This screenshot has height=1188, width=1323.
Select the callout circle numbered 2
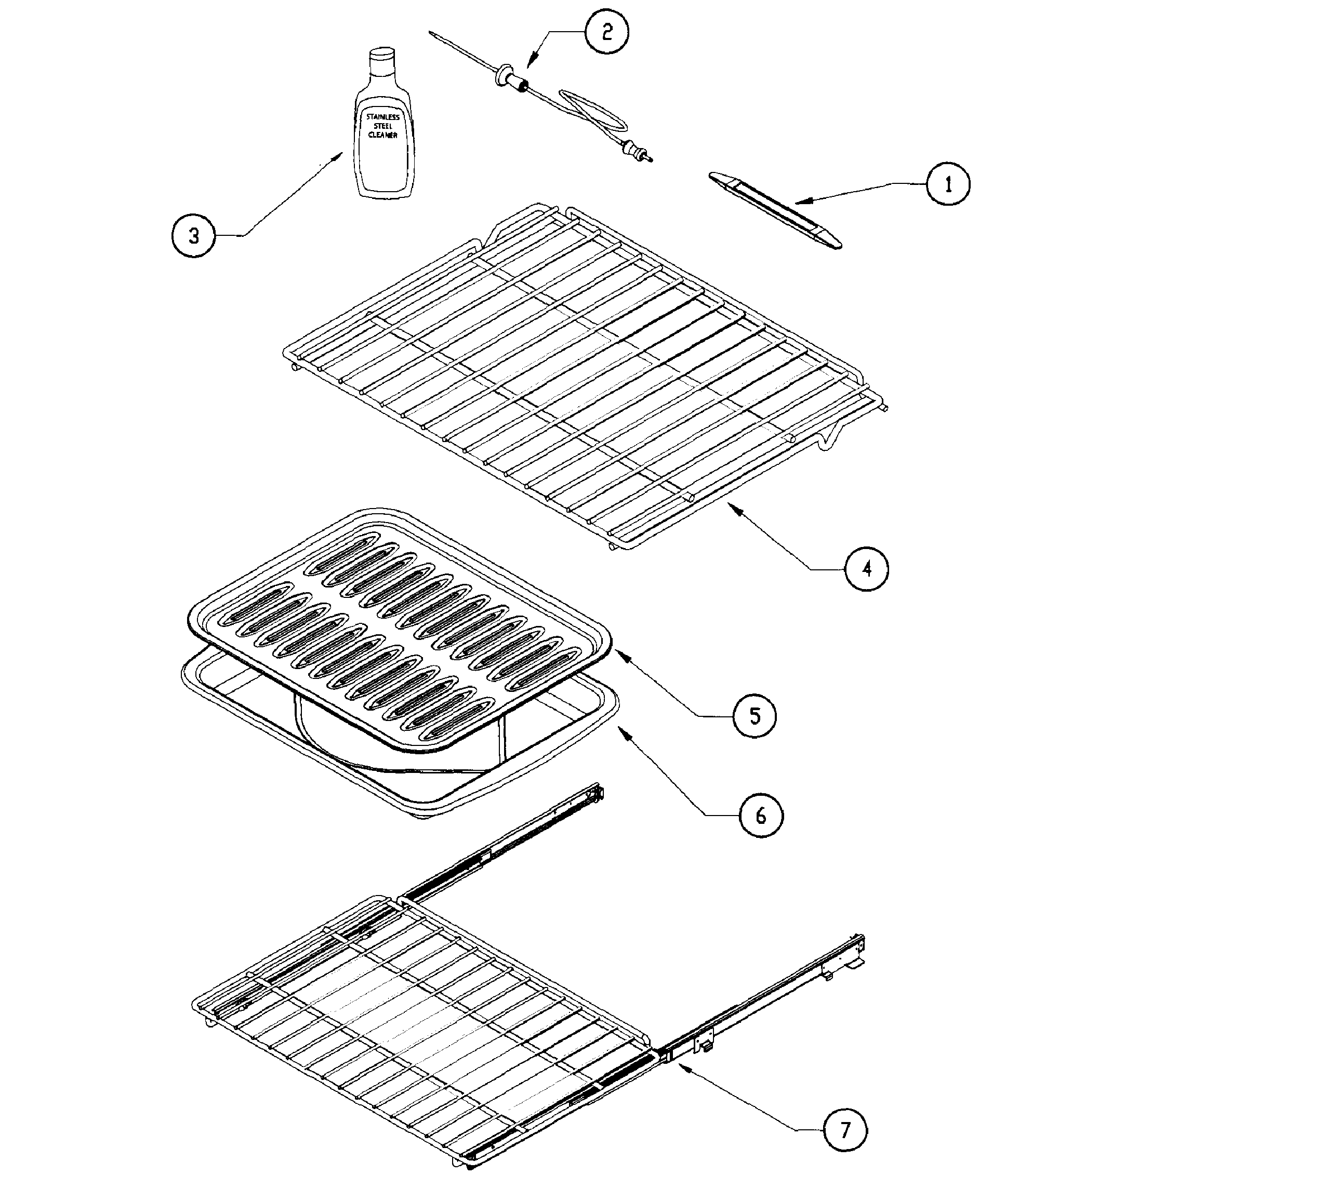(x=606, y=32)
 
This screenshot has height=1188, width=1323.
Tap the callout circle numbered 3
(x=193, y=236)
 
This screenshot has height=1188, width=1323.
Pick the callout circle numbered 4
(x=867, y=569)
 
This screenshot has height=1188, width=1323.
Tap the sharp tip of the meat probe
(x=432, y=33)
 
